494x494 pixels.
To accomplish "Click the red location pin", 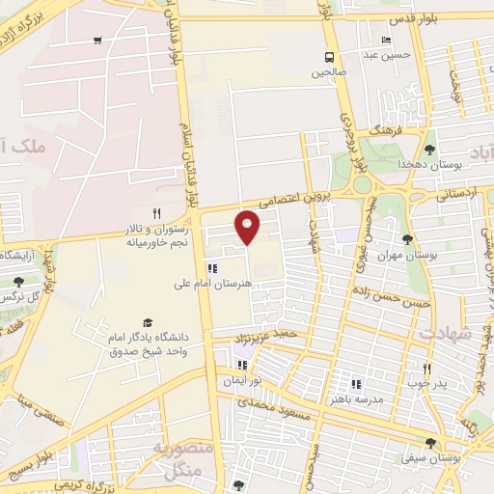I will coord(248,226).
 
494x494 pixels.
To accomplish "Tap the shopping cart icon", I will coord(97,41).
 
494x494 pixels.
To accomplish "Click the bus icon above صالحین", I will coord(330,56).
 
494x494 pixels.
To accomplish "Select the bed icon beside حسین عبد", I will coord(386,41).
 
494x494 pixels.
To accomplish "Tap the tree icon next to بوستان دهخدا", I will coord(429,150).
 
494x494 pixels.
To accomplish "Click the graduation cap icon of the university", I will coord(148,322).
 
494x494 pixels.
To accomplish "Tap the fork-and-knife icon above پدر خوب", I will coord(427,369).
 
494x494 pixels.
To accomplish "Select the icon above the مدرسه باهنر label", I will coord(356,383).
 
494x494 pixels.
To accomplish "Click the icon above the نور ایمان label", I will coord(242,366).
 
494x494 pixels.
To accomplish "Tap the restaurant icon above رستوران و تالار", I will coord(156,213).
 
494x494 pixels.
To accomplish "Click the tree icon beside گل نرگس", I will coord(19,282).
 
